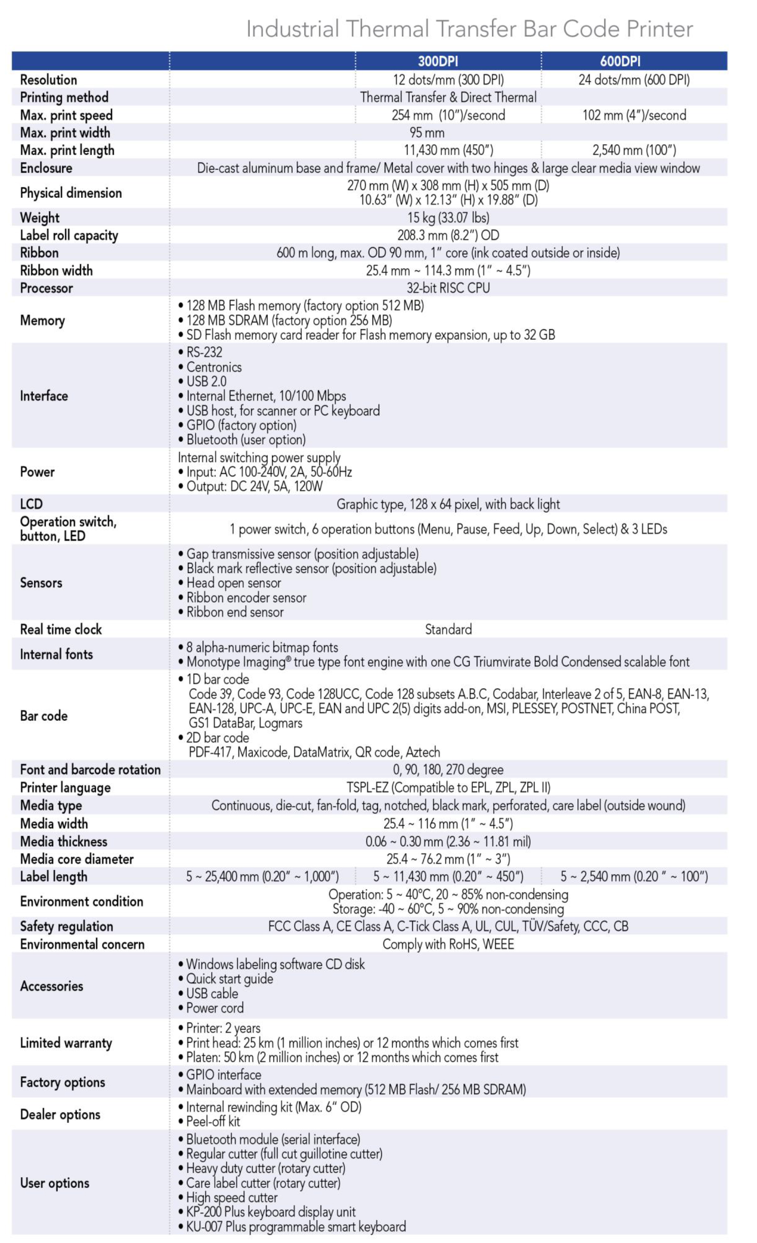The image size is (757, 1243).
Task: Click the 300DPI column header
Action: [x=438, y=61]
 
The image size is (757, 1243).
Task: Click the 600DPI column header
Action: [x=620, y=61]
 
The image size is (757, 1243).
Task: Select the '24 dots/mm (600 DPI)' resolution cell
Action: [x=634, y=80]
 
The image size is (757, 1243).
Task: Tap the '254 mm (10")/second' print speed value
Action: [x=448, y=115]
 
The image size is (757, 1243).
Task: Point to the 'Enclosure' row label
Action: [x=46, y=168]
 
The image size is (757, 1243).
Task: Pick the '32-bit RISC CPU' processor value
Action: [x=448, y=288]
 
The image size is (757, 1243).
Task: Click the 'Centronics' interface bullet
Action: [x=214, y=367]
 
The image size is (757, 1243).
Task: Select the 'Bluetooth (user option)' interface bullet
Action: [x=246, y=440]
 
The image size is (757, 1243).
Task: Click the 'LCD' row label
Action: [x=31, y=504]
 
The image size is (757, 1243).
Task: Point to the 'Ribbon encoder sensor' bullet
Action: [x=246, y=598]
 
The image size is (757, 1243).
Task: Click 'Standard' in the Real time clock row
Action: [x=448, y=630]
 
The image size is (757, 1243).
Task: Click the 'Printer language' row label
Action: [x=65, y=787]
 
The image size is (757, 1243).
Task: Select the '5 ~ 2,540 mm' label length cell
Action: [x=634, y=876]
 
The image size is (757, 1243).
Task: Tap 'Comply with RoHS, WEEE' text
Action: [x=448, y=944]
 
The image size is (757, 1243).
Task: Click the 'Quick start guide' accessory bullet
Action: [x=230, y=979]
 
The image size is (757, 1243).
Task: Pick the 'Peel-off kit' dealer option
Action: [x=213, y=1122]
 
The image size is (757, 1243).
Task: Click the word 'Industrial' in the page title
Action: [x=292, y=29]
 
